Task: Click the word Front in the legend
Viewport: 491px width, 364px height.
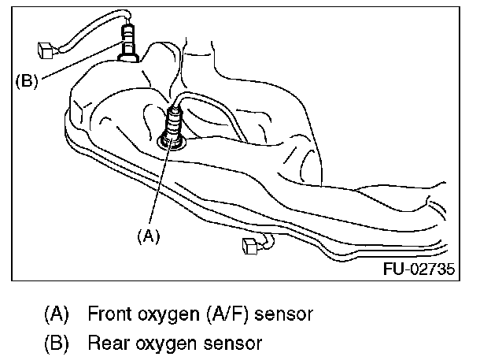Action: tap(109, 314)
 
